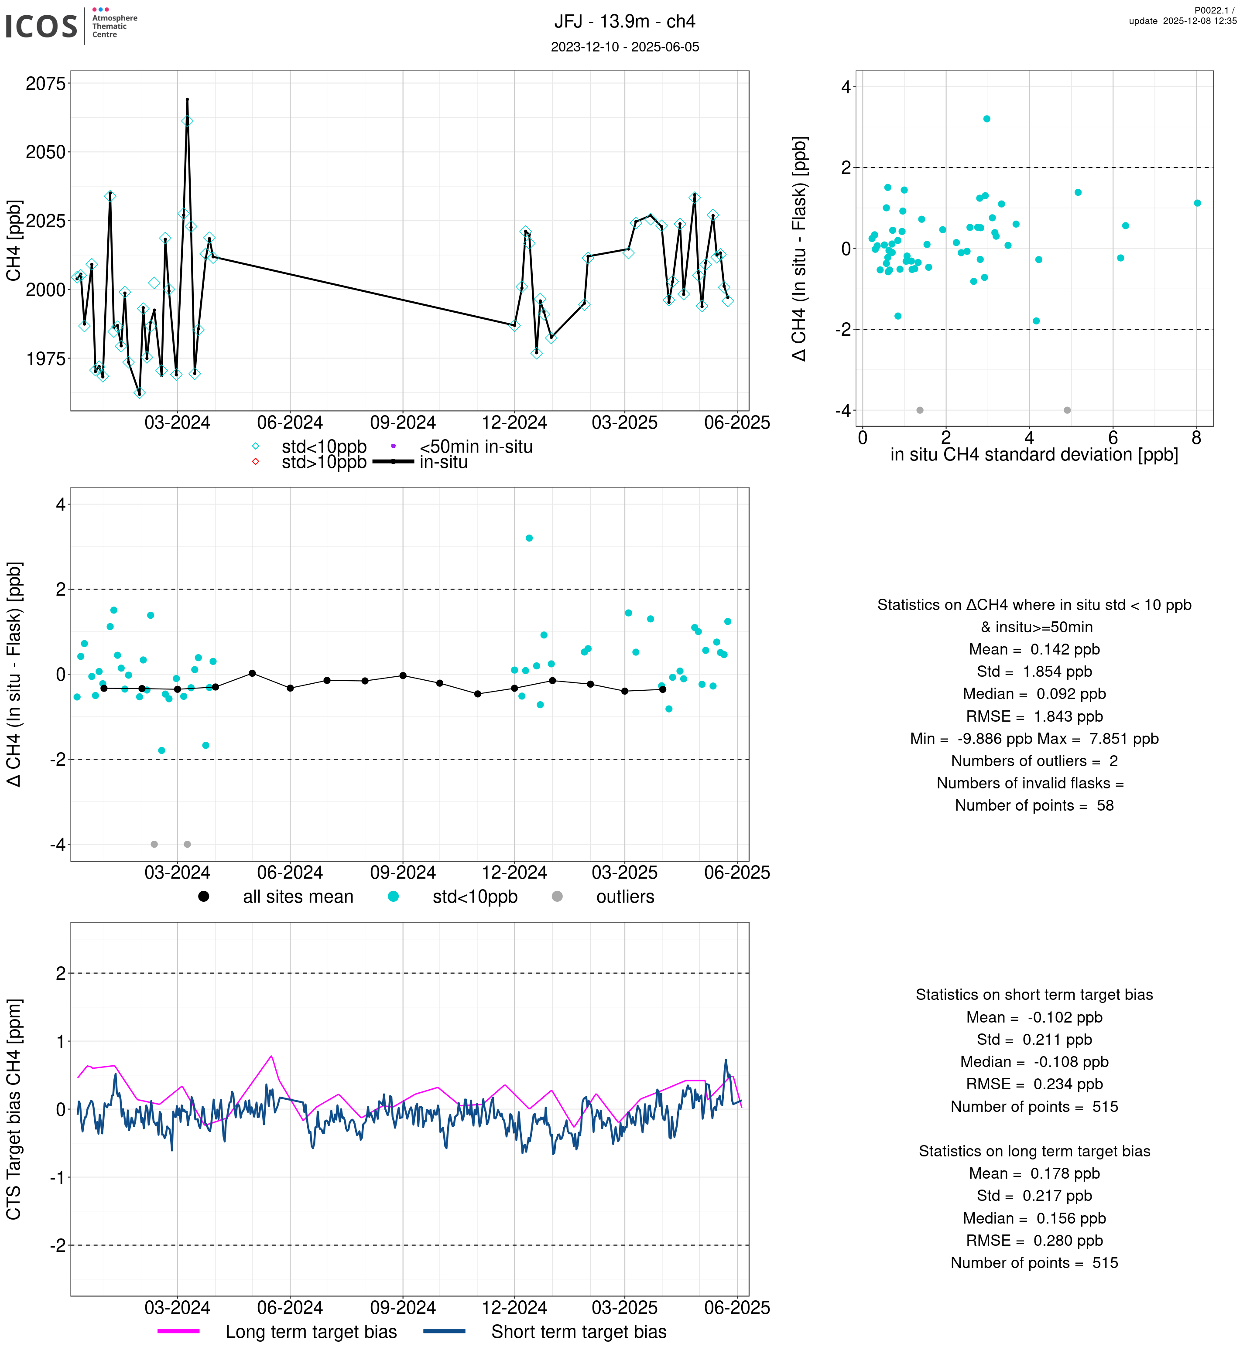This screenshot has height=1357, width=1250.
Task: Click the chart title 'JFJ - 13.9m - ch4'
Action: tap(624, 22)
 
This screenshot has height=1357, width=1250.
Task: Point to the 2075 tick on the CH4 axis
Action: tap(45, 84)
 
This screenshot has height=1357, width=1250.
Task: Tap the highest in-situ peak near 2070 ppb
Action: tap(187, 100)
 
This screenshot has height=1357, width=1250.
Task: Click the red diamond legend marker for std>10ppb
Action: tap(256, 462)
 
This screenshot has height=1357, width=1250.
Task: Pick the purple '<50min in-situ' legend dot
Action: tap(393, 446)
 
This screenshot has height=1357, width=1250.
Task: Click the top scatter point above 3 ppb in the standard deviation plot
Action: tap(987, 119)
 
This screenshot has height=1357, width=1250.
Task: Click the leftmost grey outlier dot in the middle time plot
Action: tap(154, 845)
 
